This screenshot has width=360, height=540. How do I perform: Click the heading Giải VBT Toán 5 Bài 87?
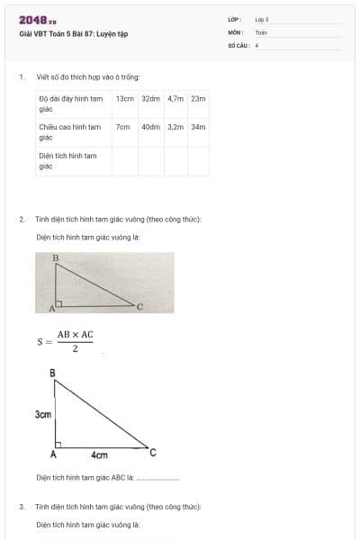pos(74,34)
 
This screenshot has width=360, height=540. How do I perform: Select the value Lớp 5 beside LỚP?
pos(262,19)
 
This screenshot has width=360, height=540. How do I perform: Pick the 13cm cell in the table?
pos(124,98)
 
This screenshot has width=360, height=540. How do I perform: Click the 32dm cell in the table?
pos(150,98)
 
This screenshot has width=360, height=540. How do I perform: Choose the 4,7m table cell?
pos(175,98)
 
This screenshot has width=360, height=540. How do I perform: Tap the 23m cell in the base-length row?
pos(199,98)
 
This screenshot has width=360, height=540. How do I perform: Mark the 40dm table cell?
pos(150,127)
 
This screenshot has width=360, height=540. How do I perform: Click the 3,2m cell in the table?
pos(175,127)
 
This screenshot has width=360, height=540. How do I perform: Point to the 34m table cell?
pos(199,127)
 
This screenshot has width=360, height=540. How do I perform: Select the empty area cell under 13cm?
pos(125,160)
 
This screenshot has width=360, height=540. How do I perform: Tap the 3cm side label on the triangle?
pos(42,415)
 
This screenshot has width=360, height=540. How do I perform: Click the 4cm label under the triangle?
pos(100,455)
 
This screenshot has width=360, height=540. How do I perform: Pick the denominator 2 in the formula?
pos(76,348)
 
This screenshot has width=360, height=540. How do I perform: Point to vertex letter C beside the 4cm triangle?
pos(152,451)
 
